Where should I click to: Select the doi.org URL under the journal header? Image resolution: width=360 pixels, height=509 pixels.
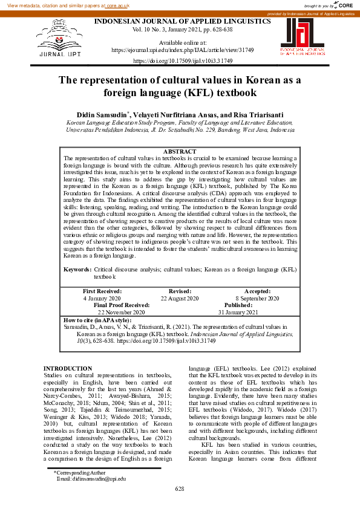coord(182,62)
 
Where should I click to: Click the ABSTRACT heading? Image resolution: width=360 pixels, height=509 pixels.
coord(181,151)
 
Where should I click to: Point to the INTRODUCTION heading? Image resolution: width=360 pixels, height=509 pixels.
coord(68,368)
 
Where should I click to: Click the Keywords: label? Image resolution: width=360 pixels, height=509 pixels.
coord(77,269)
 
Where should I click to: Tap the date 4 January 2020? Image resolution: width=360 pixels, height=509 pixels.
coord(102,299)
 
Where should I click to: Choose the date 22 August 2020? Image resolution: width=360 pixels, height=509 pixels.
coord(180,299)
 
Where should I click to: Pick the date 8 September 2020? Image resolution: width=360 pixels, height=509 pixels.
coord(257,299)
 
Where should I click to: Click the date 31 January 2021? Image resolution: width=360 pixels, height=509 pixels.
coord(238,312)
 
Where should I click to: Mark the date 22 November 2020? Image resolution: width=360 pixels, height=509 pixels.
coord(121,312)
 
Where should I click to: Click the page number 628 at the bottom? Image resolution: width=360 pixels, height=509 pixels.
coord(180,488)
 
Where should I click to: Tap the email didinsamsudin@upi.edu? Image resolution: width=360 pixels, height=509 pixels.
coord(91,478)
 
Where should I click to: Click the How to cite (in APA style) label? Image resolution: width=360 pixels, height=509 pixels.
coord(97,319)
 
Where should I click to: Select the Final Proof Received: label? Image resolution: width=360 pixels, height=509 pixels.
coord(121,305)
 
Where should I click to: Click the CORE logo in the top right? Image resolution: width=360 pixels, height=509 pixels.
coord(345,5)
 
